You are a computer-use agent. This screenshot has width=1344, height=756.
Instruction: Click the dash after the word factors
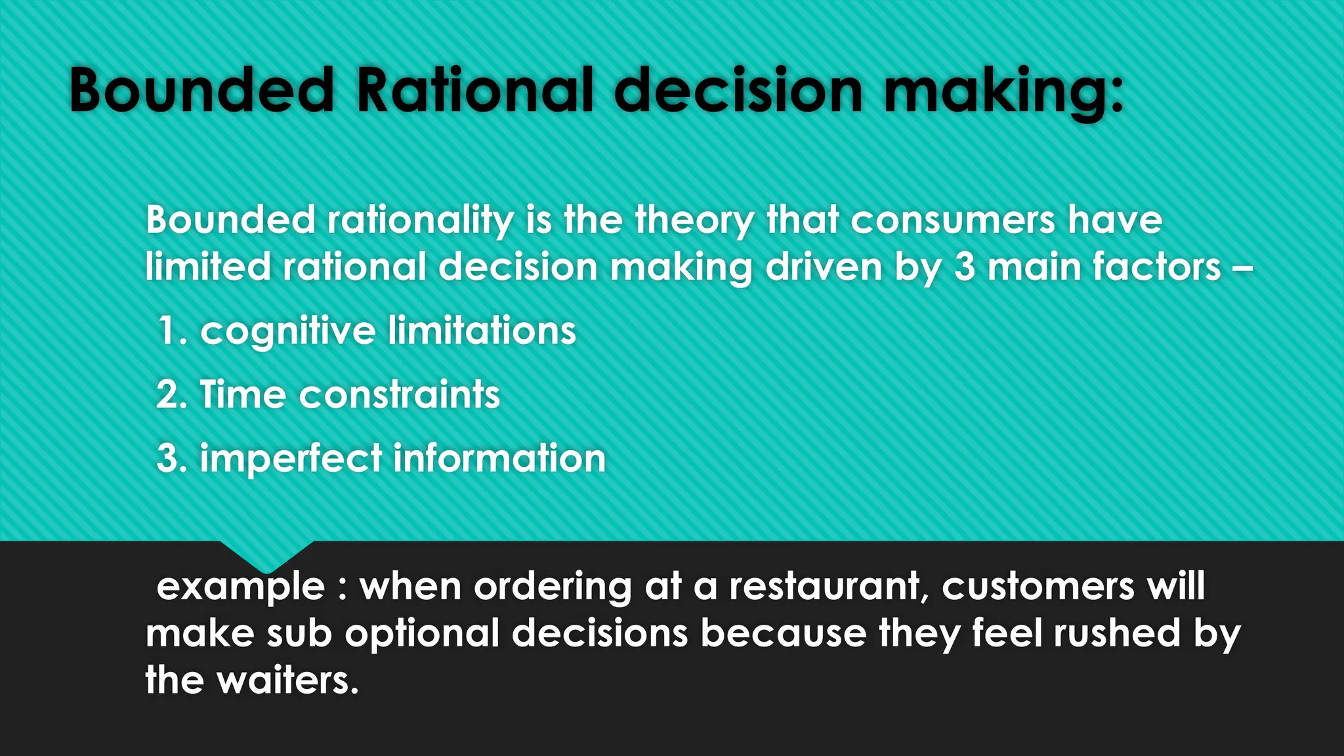[x=1243, y=268]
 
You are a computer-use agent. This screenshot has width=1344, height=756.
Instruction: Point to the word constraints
[x=399, y=394]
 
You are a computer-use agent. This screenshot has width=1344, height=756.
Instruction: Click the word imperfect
[x=291, y=458]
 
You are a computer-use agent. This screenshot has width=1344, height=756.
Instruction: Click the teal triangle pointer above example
[x=266, y=555]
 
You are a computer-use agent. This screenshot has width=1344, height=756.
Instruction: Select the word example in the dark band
[x=241, y=586]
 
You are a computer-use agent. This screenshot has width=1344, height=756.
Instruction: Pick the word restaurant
[x=828, y=585]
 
